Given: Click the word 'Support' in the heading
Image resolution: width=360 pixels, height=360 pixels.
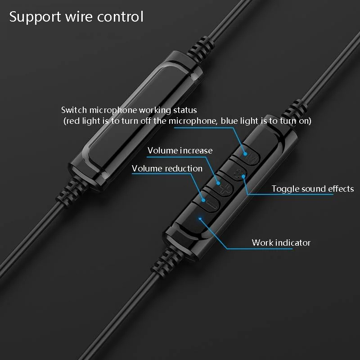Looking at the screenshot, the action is (x=35, y=17).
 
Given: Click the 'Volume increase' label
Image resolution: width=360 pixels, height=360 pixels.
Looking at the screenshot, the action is (x=180, y=151).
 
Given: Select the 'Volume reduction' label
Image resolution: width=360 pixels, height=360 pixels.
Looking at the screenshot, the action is (x=167, y=168).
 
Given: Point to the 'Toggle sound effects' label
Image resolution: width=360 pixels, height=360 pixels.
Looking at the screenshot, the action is (x=313, y=189).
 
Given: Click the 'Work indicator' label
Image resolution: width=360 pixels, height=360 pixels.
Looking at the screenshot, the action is (x=281, y=243).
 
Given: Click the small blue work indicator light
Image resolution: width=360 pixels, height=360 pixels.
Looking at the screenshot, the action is (x=200, y=218).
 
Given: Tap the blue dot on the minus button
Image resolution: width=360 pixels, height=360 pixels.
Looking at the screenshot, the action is (x=203, y=200).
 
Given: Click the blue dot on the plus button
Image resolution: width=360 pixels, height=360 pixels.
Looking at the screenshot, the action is (x=218, y=183).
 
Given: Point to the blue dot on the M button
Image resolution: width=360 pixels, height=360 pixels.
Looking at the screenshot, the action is (x=245, y=154).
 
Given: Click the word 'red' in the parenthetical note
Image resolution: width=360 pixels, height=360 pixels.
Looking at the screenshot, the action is (x=72, y=121).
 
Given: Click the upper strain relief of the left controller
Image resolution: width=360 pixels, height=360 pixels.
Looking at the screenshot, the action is (x=200, y=50).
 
